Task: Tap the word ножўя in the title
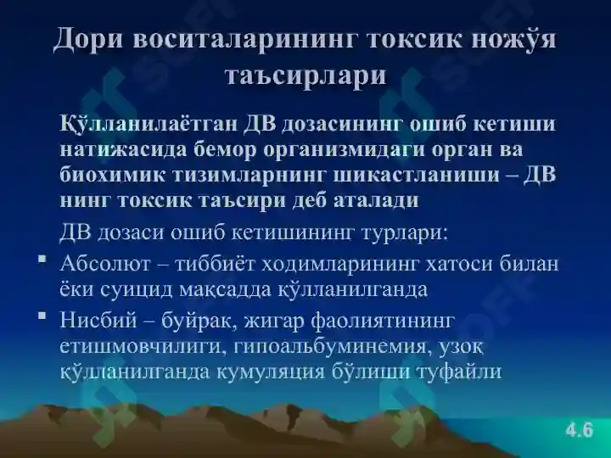513,39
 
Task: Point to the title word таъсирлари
305,75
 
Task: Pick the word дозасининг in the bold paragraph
340,125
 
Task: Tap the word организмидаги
344,150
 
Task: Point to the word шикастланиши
417,176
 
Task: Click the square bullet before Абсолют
42,259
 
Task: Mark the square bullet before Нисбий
42,315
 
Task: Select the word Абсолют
105,264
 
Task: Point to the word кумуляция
271,372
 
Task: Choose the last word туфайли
460,371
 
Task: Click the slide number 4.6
580,430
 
